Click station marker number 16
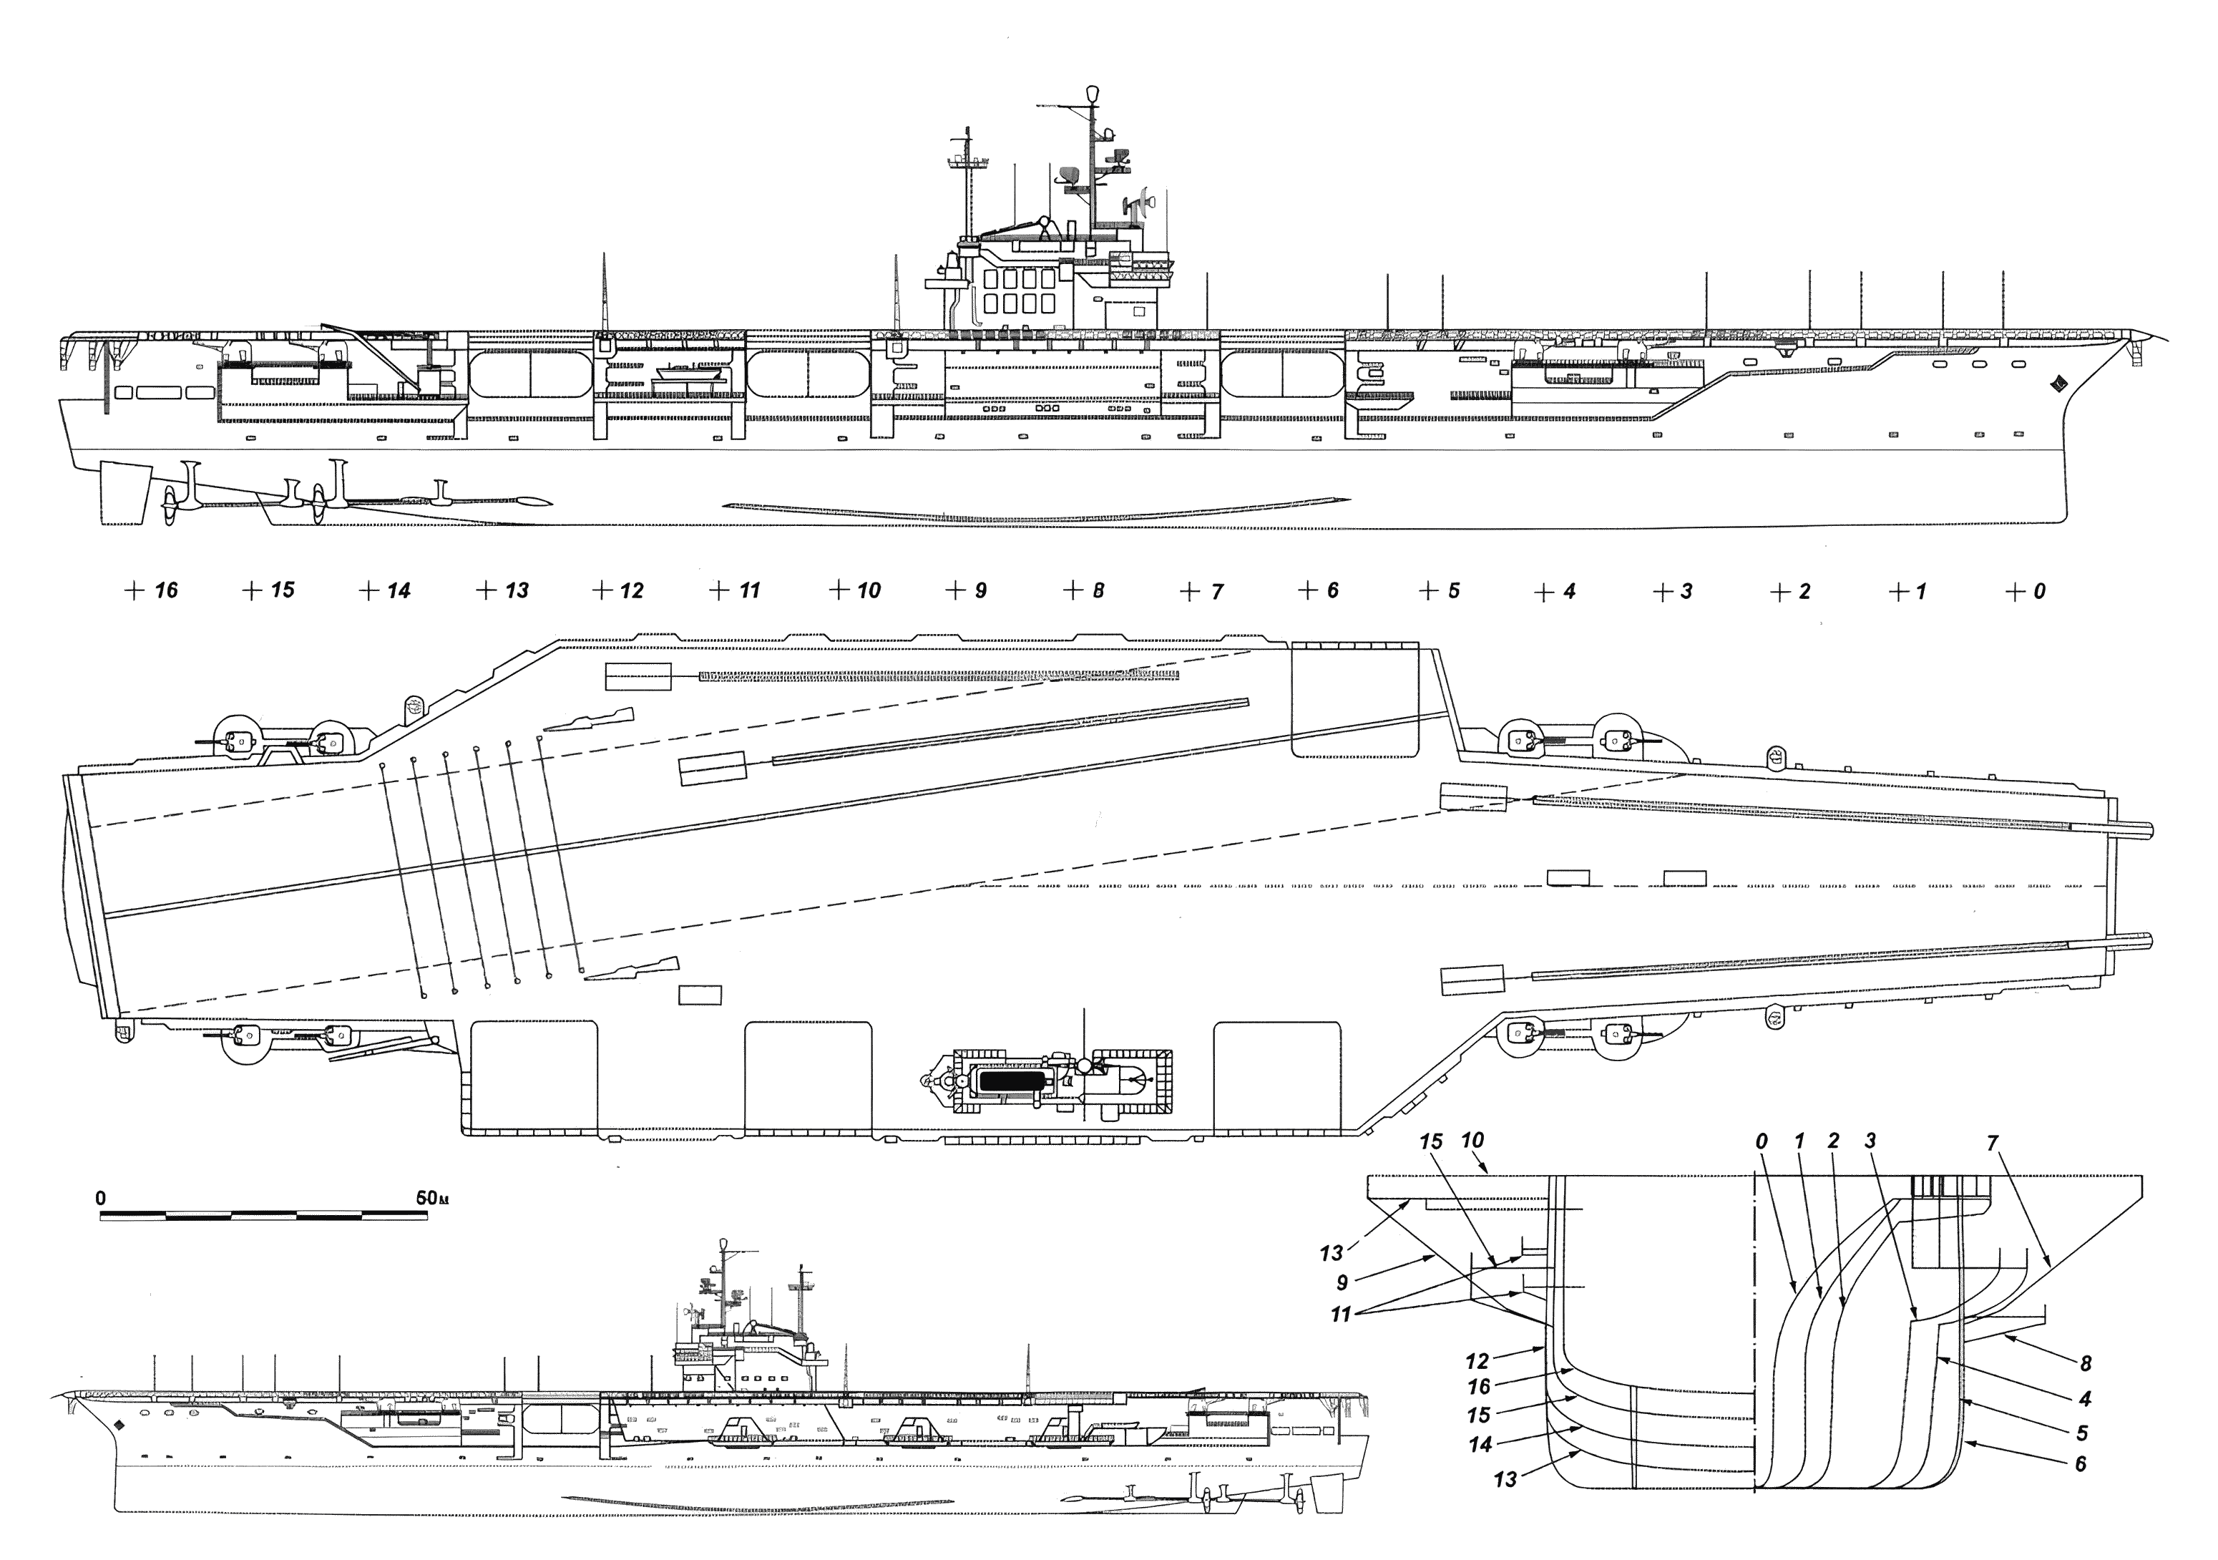165,590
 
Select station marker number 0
2038,591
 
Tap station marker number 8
1098,590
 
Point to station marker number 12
631,590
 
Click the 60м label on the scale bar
432,1198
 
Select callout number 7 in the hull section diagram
1992,1143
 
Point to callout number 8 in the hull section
2085,1364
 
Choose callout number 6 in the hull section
2081,1464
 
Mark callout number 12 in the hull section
1477,1362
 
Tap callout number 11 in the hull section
1341,1315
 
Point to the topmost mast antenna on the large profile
1093,93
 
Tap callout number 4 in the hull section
2085,1399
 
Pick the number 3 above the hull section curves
1870,1141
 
